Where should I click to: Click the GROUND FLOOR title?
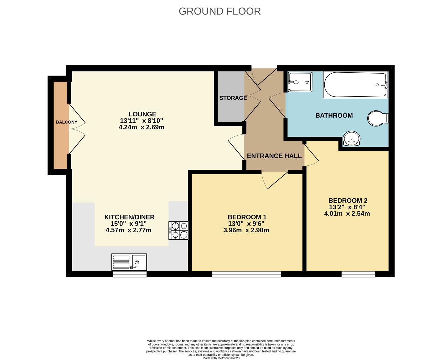(x=220, y=11)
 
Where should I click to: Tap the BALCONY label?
(x=66, y=122)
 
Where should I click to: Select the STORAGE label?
(x=233, y=98)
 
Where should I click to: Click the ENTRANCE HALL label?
(x=274, y=156)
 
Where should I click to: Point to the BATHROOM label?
(x=334, y=116)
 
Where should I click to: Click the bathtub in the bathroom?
(x=355, y=85)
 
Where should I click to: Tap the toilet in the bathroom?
(x=378, y=118)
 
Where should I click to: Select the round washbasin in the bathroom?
(x=351, y=139)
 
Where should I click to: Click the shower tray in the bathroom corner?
(x=300, y=82)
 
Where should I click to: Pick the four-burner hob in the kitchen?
(x=179, y=231)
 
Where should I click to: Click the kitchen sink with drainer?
(x=129, y=262)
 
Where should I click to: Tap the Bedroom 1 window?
(x=247, y=274)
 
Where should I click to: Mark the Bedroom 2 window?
(x=358, y=274)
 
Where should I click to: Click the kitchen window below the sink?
(x=129, y=274)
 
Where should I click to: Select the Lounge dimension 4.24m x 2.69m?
(x=141, y=127)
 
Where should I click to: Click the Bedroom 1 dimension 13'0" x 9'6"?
(x=246, y=224)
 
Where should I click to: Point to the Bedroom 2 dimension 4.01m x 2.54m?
(x=347, y=214)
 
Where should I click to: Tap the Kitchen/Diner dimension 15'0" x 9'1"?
(x=128, y=224)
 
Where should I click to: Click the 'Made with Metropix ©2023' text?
(x=221, y=358)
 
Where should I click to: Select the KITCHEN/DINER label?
(x=129, y=217)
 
